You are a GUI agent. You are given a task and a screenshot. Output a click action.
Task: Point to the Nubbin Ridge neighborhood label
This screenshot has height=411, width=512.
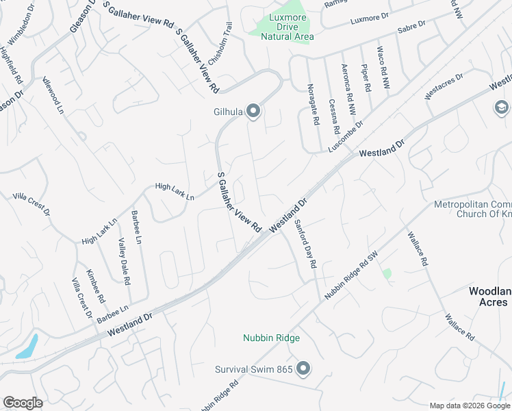(x=272, y=338)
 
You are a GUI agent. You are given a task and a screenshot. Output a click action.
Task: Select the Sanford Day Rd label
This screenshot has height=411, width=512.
(x=305, y=243)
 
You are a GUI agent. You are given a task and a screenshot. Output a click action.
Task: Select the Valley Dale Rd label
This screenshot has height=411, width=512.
(x=124, y=261)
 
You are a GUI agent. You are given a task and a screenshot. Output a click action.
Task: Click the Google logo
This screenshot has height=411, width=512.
(x=23, y=403)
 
